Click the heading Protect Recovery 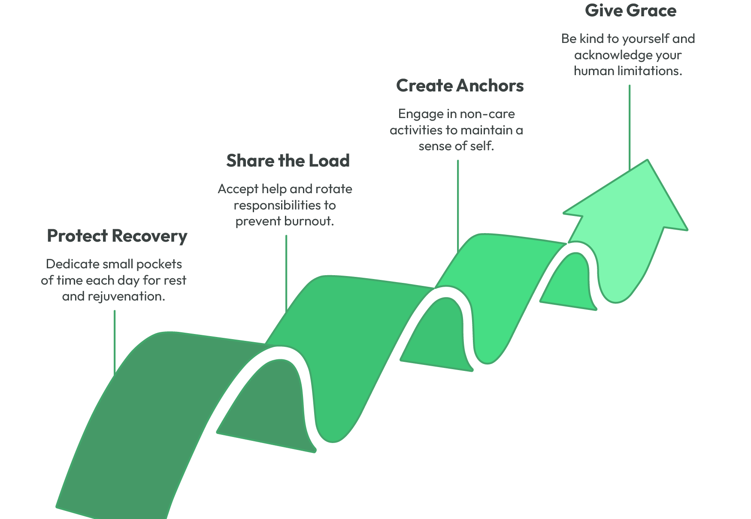[x=117, y=236]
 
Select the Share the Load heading [x=288, y=161]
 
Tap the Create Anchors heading [x=460, y=86]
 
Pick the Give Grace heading [x=630, y=11]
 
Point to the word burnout [x=309, y=222]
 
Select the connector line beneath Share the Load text [x=286, y=270]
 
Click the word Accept [x=238, y=189]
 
